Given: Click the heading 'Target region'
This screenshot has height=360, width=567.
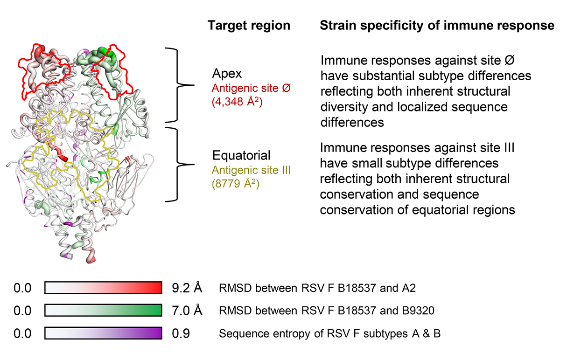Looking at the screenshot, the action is tap(249, 26).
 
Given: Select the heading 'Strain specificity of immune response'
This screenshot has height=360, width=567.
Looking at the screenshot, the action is tap(437, 26).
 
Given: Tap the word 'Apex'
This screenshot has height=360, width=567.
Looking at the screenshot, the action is tap(227, 74).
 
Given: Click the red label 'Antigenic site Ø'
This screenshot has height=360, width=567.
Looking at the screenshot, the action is tap(251, 88).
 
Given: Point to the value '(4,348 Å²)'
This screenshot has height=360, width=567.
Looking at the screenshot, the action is tap(237, 102).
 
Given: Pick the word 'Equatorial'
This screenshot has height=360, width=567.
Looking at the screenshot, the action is tap(241, 155).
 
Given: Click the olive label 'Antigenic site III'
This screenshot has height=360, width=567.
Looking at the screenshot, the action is tap(251, 170).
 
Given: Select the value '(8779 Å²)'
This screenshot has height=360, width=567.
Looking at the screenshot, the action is tap(236, 184).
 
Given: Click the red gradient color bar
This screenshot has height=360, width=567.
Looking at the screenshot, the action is tap(103, 288).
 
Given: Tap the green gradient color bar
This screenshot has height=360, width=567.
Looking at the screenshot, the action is tap(103, 310).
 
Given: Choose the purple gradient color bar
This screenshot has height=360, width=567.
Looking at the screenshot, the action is tap(103, 333).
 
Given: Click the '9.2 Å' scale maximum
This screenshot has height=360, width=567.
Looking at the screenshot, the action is tap(187, 288).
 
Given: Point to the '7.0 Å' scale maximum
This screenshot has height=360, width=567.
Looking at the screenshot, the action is tap(187, 311).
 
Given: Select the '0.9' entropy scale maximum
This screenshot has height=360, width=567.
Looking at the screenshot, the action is tap(181, 333).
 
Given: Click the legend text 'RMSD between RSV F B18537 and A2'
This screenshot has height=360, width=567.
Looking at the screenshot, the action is tap(317, 288).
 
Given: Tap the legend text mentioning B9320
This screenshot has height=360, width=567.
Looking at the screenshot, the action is tap(327, 311).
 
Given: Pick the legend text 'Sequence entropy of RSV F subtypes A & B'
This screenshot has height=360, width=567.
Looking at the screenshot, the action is tap(329, 334).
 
